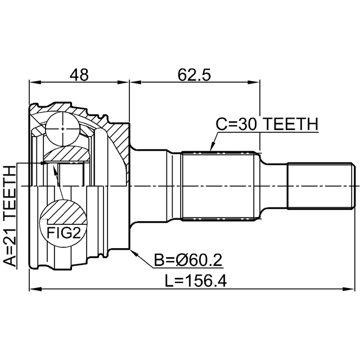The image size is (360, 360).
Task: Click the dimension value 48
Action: click(79, 75)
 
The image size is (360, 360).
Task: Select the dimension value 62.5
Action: click(194, 75)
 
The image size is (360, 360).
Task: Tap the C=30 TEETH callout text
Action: click(267, 124)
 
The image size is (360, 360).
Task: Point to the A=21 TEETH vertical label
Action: click(10, 216)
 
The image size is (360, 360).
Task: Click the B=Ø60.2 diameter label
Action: click(188, 260)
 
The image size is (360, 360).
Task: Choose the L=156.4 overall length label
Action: click(196, 281)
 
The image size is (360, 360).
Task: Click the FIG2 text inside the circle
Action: click(64, 233)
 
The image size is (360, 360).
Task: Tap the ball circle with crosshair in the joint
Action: click(62, 129)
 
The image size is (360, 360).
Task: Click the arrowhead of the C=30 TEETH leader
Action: click(213, 146)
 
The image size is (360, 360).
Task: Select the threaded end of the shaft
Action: click(321, 186)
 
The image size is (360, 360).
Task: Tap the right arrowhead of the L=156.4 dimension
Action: click(349, 289)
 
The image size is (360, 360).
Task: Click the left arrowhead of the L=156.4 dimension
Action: click(35, 289)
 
